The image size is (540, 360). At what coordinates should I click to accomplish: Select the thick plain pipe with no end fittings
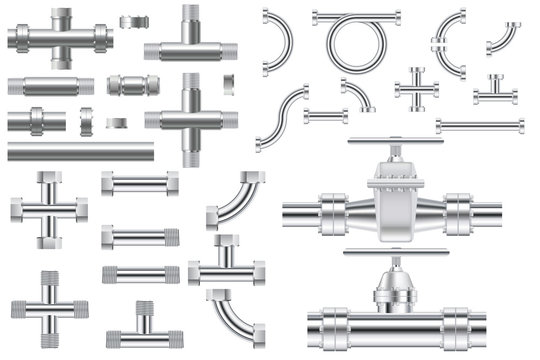click(x=80, y=152)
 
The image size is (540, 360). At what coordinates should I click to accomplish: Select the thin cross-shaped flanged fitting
click(x=416, y=89)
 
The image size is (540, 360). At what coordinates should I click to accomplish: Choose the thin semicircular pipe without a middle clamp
click(x=280, y=43)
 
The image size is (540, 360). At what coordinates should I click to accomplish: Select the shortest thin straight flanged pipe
click(x=325, y=116)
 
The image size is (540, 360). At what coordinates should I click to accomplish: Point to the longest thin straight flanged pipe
click(x=480, y=126)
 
